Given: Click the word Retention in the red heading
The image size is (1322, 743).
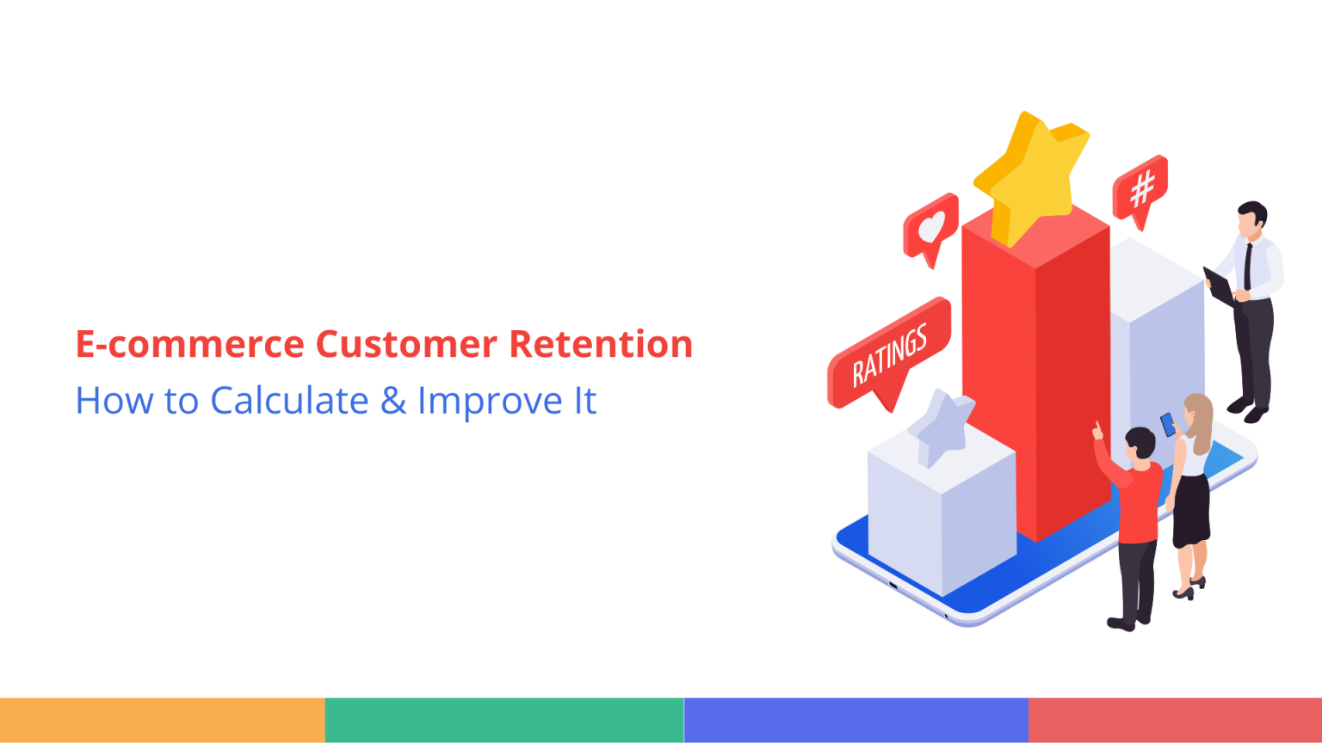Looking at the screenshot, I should pos(601,344).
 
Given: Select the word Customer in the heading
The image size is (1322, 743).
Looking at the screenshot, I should pos(406,344).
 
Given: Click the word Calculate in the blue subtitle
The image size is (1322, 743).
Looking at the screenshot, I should pos(289,401).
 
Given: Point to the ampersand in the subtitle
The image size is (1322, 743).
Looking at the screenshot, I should pos(393,402).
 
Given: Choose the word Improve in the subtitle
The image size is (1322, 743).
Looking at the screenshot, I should pos(490,402).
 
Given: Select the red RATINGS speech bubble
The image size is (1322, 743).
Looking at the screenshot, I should pos(890,353).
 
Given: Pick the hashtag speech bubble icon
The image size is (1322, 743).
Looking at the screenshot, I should pos(1140,189).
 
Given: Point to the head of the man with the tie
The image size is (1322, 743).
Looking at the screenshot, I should pos(1251,220).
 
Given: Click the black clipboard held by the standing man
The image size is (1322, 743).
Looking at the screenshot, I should pos(1220,287).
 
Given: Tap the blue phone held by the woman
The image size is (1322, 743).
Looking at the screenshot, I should pos(1167,424).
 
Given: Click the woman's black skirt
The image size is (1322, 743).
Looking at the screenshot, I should pos(1191,511).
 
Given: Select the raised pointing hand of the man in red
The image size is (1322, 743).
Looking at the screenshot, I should pos(1097,430).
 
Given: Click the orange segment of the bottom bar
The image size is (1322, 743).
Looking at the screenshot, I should pos(162,720).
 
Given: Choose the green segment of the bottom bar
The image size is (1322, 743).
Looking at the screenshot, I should pos(504,720).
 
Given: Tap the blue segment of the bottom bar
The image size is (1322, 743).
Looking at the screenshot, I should pos(856,720).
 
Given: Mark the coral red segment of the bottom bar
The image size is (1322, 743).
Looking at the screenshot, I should pos(1175,720).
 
